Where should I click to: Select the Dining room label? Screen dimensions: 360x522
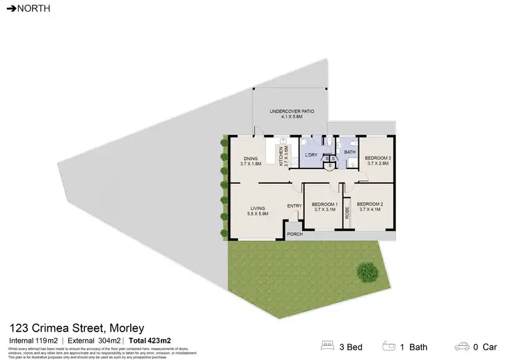pos(250,161)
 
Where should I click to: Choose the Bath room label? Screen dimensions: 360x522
pos(349,152)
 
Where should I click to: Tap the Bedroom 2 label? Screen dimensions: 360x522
pos(371,207)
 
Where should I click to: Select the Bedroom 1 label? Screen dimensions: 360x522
pos(324,207)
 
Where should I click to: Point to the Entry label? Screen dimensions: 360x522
pos(294,205)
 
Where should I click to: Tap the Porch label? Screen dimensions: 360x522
pos(295,234)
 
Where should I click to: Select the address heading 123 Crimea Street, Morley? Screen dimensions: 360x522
pos(76,327)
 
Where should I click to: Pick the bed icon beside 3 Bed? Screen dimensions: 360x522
pos(326,346)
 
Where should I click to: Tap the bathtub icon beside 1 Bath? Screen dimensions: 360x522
pos(388,346)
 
